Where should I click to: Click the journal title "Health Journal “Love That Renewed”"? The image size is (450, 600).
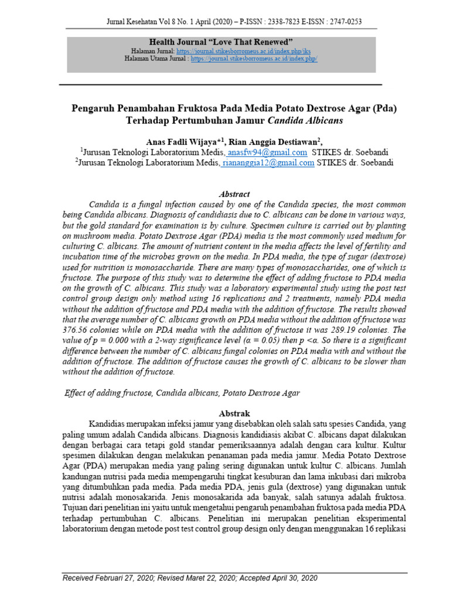[221, 43]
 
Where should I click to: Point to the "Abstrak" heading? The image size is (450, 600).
[234, 412]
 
